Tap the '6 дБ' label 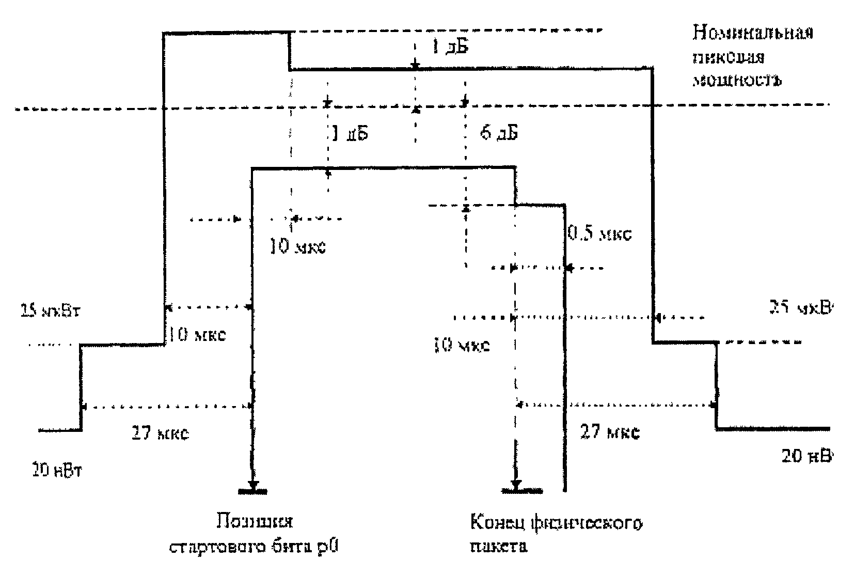(498, 133)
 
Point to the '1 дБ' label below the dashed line (350, 134)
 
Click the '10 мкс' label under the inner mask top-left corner (298, 247)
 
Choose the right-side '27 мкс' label (610, 431)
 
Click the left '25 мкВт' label (50, 312)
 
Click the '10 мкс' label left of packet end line (461, 345)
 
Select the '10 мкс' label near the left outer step (197, 335)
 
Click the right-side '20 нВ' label (806, 456)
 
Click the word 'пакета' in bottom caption (498, 546)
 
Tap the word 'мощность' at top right (737, 80)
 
